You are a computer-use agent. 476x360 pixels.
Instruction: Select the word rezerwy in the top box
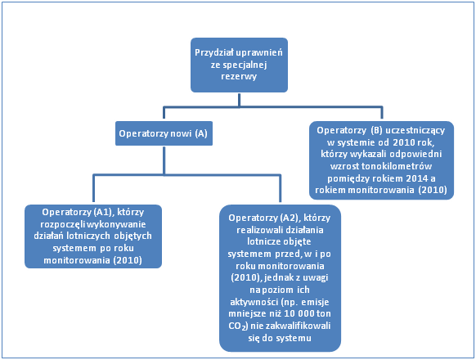click(239, 76)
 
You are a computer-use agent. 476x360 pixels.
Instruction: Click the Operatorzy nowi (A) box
click(164, 133)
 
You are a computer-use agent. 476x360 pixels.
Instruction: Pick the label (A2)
click(290, 218)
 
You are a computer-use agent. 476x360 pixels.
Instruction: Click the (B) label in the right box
click(376, 130)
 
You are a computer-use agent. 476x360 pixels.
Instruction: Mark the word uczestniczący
click(415, 131)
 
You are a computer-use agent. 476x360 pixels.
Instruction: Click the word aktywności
click(254, 302)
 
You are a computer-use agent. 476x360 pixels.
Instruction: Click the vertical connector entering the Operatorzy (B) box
click(382, 113)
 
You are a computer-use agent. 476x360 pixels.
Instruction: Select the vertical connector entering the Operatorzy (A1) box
click(93, 188)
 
